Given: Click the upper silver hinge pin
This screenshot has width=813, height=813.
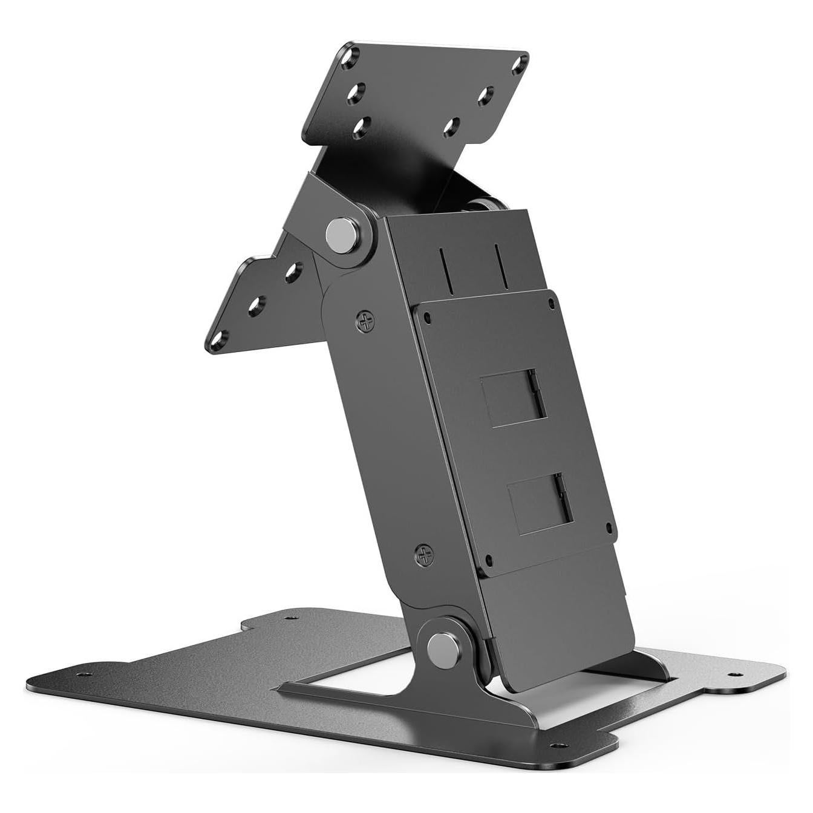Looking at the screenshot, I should coord(342,235).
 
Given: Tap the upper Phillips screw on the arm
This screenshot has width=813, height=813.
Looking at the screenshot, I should coord(365,321).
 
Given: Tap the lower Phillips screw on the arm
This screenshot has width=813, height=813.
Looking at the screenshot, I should coord(425,553).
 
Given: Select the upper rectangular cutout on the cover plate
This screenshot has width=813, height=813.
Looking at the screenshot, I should coord(513,398).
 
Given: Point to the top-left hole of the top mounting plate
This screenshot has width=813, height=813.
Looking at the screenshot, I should coord(349,58).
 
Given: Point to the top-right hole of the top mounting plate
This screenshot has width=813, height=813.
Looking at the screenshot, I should coord(519,65).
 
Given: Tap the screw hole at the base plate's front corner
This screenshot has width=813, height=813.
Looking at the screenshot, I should coord(558,745).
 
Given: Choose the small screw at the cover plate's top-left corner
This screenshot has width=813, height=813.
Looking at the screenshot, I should coord(428,316).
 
